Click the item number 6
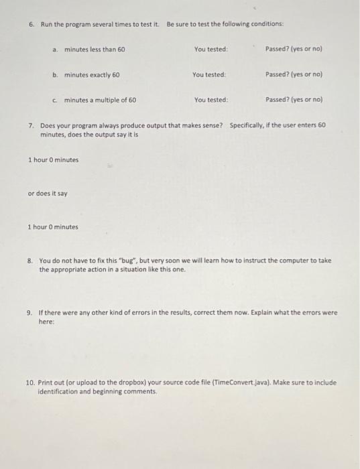click(32, 24)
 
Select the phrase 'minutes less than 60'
click(95, 50)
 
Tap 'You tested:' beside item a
click(211, 50)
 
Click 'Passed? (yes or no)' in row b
click(294, 74)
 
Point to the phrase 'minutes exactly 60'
click(92, 75)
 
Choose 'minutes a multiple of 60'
click(100, 100)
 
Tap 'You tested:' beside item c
click(211, 100)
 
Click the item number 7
click(32, 125)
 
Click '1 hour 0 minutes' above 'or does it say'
click(53, 159)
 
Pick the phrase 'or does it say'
click(47, 194)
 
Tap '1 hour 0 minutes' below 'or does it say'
click(53, 227)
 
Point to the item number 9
click(30, 312)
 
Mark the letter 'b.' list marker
click(56, 75)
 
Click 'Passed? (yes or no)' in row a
click(294, 50)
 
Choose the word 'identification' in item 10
click(59, 391)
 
